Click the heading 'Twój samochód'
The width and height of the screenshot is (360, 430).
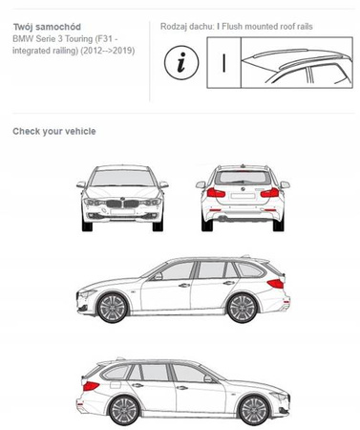(x=47, y=27)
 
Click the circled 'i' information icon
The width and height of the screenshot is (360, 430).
(x=181, y=62)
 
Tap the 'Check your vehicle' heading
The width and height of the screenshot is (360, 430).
(x=54, y=131)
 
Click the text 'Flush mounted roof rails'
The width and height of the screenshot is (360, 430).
(x=267, y=27)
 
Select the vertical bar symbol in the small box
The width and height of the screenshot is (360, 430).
(x=224, y=63)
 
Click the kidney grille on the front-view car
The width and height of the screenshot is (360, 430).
(x=122, y=204)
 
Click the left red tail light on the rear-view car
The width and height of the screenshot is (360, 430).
(x=216, y=192)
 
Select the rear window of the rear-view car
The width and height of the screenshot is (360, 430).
(x=243, y=178)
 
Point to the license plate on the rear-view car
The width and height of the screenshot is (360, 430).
(x=243, y=196)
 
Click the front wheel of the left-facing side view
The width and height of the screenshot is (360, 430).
(x=113, y=308)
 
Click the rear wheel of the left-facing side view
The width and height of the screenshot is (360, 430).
(x=243, y=308)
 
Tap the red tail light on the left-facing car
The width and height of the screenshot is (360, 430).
(x=276, y=284)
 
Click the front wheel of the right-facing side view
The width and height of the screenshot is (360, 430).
(x=254, y=411)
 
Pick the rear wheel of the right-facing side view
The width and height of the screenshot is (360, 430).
(x=124, y=411)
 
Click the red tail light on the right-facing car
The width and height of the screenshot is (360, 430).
(x=91, y=386)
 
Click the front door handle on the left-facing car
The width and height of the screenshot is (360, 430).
(x=184, y=286)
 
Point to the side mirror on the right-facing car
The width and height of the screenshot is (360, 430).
(x=208, y=378)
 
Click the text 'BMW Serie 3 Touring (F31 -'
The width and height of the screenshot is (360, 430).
(x=65, y=39)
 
